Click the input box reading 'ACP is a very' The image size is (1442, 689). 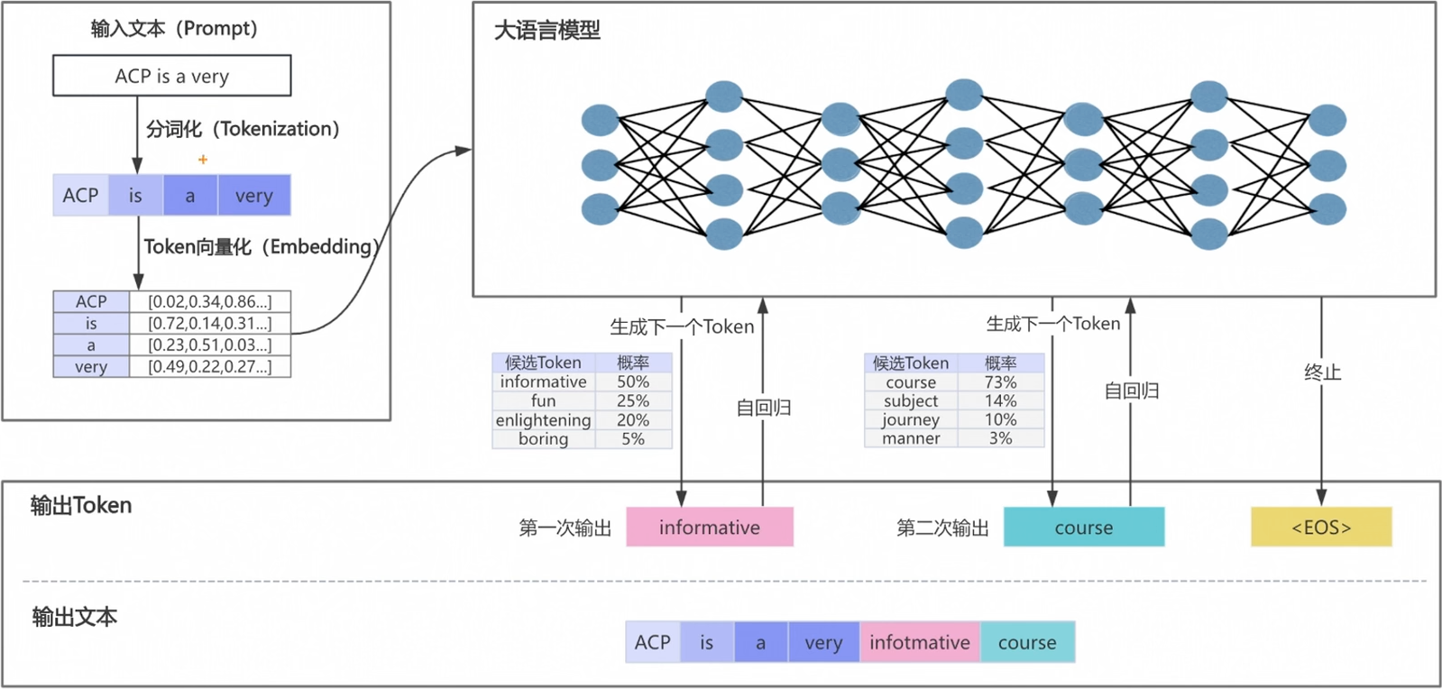[171, 76]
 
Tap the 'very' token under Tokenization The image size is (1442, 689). [253, 196]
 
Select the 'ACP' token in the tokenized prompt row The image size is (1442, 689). [80, 196]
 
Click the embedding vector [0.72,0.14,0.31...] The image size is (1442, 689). [209, 323]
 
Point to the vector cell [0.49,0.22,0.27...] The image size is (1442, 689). [209, 366]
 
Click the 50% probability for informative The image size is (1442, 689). [632, 381]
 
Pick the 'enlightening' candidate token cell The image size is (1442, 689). [543, 420]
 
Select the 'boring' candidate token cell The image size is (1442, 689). [543, 439]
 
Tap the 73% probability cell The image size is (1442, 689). [1000, 382]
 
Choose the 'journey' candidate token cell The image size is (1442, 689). [910, 419]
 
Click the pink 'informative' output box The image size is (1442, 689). [709, 528]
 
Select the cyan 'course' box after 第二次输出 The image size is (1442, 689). [1083, 528]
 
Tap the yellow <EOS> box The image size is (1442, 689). [1320, 528]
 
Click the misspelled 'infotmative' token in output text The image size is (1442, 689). [919, 643]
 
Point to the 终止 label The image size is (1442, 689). [1322, 372]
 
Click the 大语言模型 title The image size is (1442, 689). [546, 31]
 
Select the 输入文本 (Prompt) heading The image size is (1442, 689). [174, 29]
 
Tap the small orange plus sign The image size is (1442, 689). [203, 160]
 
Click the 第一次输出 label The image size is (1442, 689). [565, 528]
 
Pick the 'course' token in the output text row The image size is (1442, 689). [1026, 643]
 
